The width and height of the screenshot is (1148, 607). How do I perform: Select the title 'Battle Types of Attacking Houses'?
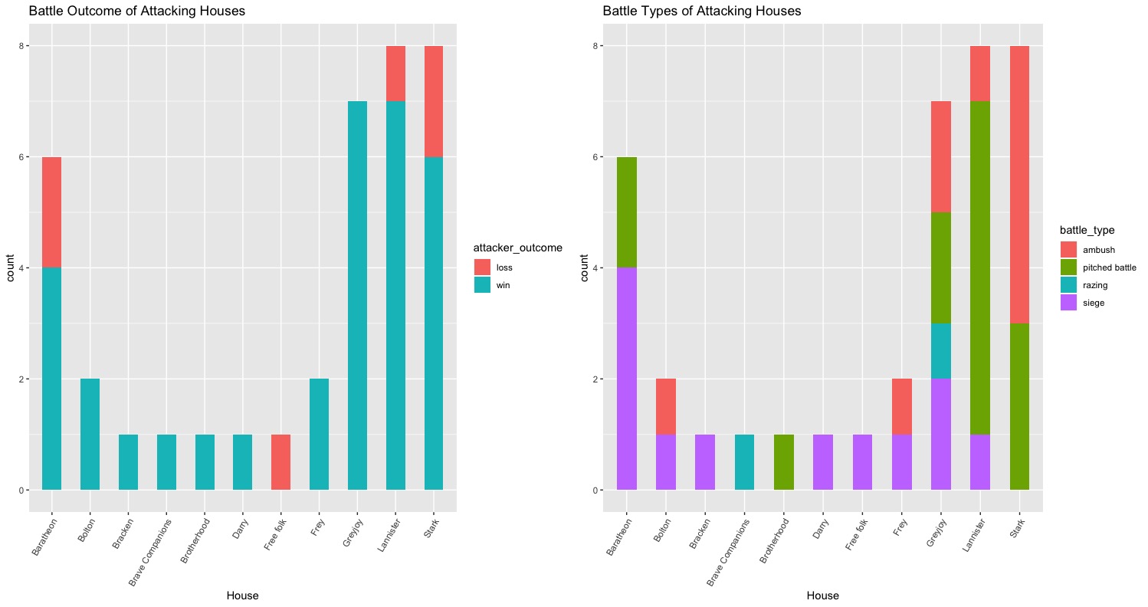click(702, 11)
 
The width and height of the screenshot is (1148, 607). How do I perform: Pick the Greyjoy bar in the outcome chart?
click(358, 295)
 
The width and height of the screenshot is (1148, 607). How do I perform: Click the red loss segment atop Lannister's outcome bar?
click(396, 74)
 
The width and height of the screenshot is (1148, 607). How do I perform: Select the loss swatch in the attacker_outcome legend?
click(483, 267)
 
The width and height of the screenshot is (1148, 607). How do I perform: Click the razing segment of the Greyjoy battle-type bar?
click(942, 351)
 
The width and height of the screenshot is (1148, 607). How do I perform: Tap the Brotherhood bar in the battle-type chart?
click(785, 461)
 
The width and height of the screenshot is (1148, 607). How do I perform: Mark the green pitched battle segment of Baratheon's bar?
click(626, 212)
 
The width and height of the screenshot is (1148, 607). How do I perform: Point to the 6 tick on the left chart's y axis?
click(21, 157)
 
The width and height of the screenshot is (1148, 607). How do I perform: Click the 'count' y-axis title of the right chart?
click(585, 267)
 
